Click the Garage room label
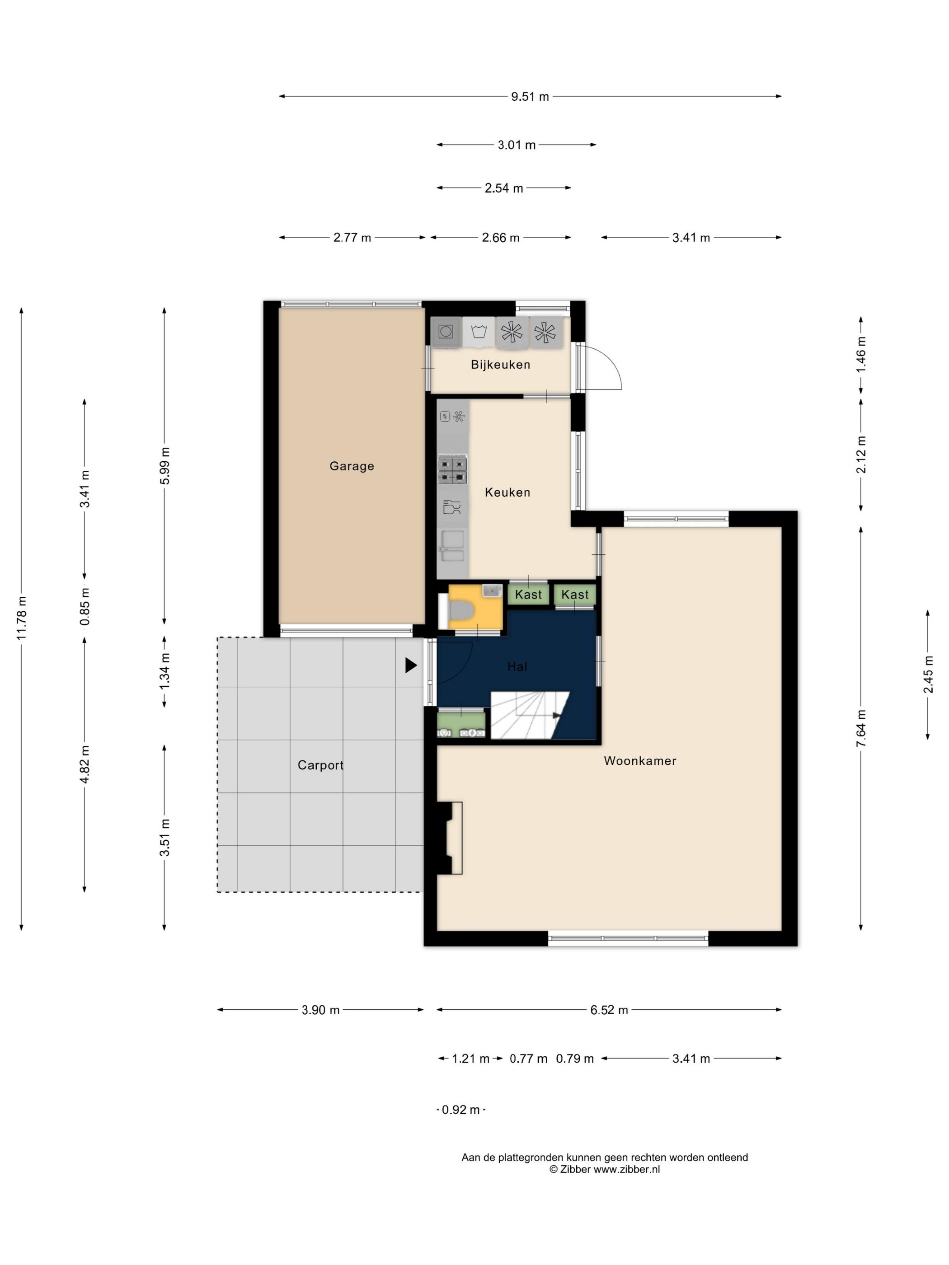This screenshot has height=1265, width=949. point(351,466)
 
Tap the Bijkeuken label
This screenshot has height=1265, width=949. point(501,364)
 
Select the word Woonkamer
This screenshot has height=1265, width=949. point(639,761)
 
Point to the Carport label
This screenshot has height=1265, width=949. point(320,765)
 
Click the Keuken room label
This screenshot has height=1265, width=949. point(507,492)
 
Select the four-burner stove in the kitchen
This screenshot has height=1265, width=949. point(452,469)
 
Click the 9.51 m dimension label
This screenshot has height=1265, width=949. point(530,97)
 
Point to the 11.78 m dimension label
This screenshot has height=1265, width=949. point(21,618)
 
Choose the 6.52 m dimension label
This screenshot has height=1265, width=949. point(609,1010)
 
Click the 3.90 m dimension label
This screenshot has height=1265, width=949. point(320,1010)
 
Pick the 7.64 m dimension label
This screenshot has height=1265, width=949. point(861,728)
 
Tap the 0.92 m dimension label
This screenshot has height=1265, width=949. point(460,1110)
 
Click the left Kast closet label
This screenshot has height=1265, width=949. point(528,595)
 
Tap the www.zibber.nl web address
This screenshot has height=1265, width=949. point(626,1170)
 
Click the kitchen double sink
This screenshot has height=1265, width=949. point(452,546)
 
